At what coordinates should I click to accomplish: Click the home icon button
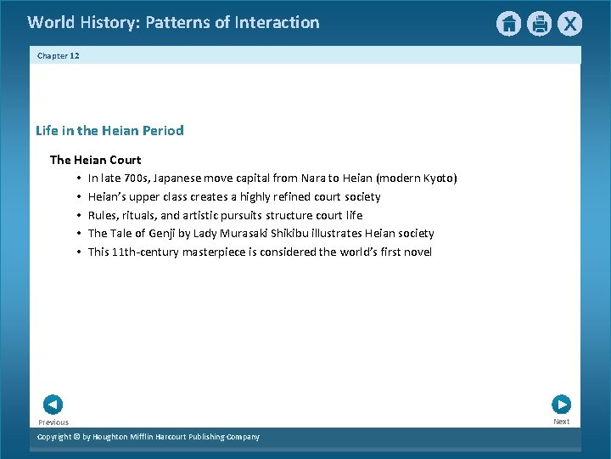pyautogui.click(x=508, y=24)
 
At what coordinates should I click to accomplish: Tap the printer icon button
pyautogui.click(x=539, y=24)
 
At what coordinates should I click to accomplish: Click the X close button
pyautogui.click(x=569, y=24)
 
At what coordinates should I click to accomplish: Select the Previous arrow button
pyautogui.click(x=53, y=405)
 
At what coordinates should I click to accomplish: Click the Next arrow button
pyautogui.click(x=561, y=405)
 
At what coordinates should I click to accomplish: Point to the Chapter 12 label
pyautogui.click(x=59, y=55)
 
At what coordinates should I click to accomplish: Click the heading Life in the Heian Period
pyautogui.click(x=109, y=130)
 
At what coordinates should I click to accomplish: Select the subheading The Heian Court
pyautogui.click(x=95, y=160)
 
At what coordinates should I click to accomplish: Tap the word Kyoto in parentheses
pyautogui.click(x=438, y=178)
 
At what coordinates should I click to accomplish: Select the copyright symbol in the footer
pyautogui.click(x=76, y=437)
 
